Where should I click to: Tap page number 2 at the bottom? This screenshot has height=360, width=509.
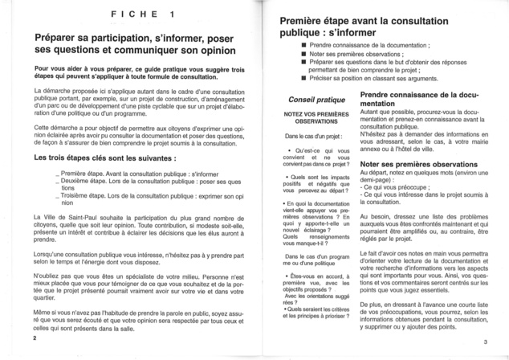[x=35, y=338]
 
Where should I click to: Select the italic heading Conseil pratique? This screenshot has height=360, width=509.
[x=310, y=100]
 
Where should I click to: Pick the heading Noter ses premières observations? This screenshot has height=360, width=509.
[x=416, y=163]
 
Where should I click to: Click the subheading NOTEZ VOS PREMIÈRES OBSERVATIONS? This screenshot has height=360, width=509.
[x=310, y=119]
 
